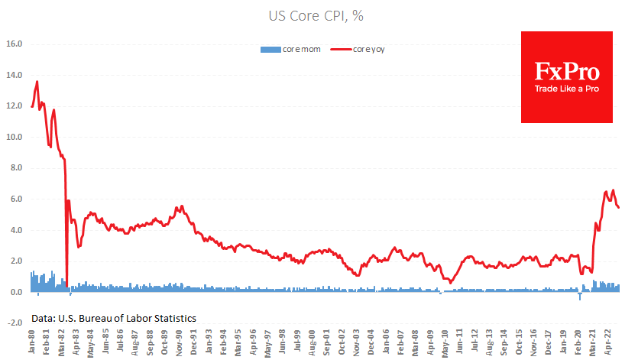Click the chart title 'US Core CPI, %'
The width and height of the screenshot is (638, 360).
(x=319, y=15)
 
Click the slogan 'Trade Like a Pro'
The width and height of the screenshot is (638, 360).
(x=566, y=89)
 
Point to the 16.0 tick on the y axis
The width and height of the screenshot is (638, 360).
(x=14, y=44)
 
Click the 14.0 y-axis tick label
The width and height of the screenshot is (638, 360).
(x=14, y=76)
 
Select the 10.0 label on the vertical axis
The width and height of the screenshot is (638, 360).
(x=14, y=138)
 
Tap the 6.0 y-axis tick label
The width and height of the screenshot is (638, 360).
(x=16, y=199)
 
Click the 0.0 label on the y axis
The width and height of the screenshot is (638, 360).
(x=16, y=293)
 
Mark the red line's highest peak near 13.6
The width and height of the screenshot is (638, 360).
(x=37, y=82)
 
